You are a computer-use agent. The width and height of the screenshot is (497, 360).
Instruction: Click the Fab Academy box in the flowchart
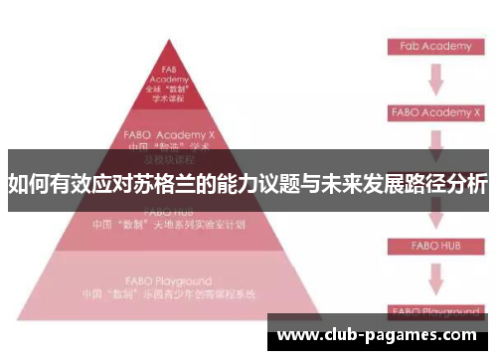[x=434, y=47]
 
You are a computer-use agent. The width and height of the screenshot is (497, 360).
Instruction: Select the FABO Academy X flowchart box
[x=434, y=112]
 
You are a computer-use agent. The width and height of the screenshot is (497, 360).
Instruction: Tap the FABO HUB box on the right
[x=434, y=243]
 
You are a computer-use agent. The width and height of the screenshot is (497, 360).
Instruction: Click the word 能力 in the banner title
[x=244, y=184]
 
